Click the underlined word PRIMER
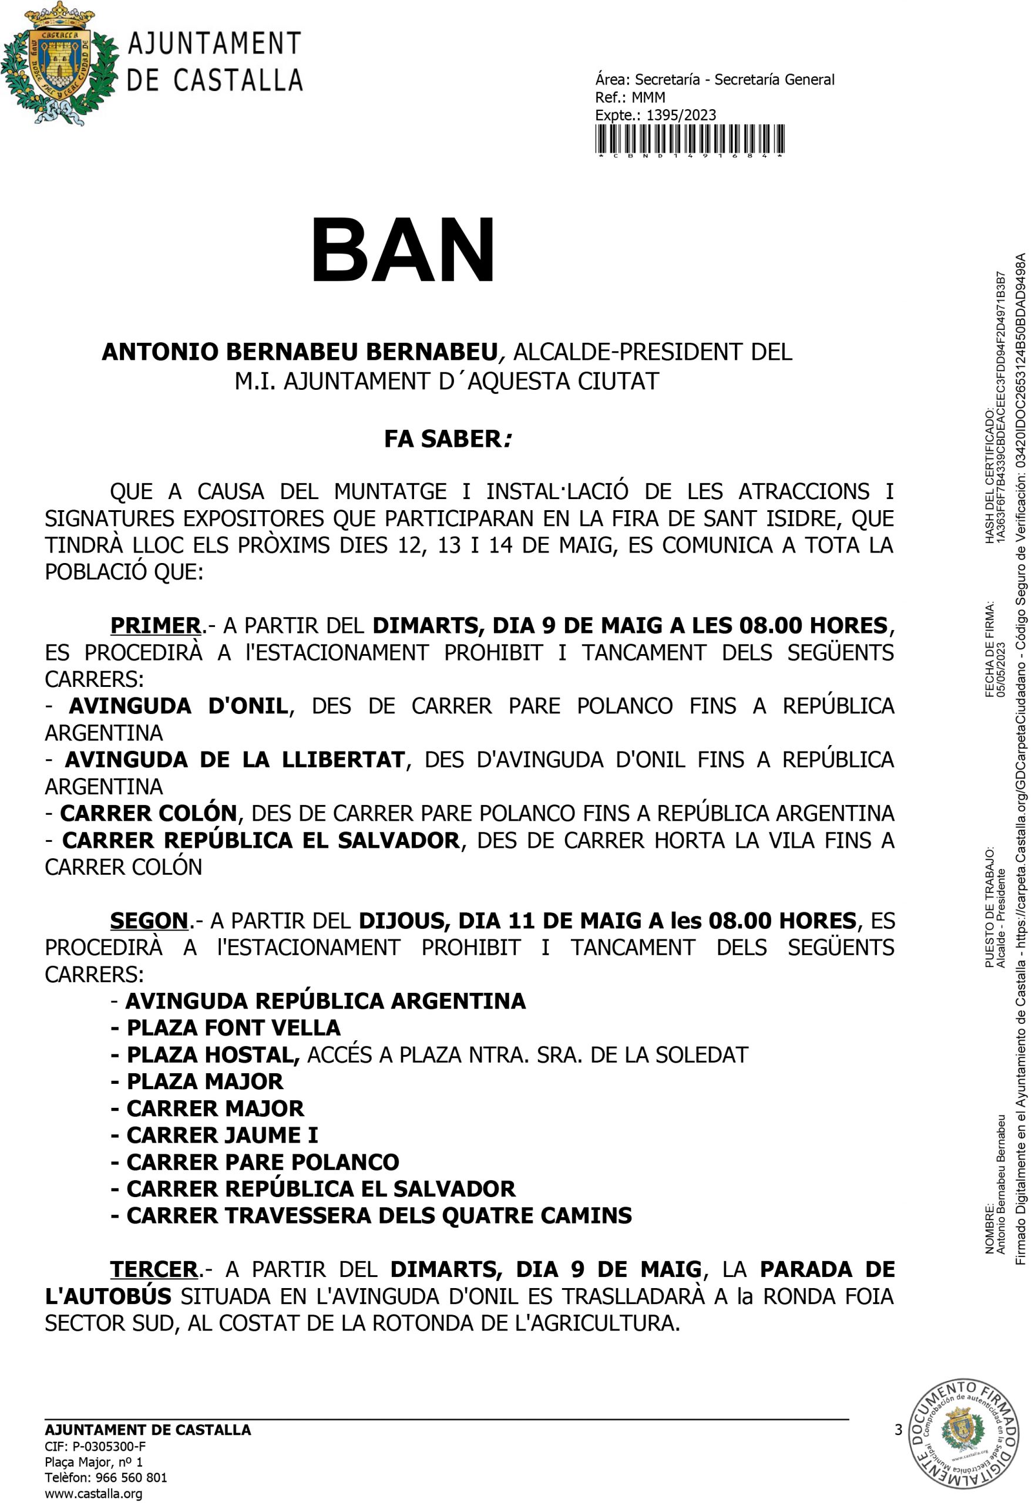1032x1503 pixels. point(155,626)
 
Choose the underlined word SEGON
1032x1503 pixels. point(149,921)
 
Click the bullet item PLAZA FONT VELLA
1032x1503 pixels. point(233,1027)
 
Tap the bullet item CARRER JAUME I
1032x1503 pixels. point(222,1135)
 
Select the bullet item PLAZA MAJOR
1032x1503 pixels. point(204,1081)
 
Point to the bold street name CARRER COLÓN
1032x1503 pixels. point(149,813)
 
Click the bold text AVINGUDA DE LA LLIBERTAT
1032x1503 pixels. point(235,759)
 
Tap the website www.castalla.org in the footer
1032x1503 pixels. point(93,1494)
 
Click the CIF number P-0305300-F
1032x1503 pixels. point(109,1447)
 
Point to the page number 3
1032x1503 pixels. point(898,1430)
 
